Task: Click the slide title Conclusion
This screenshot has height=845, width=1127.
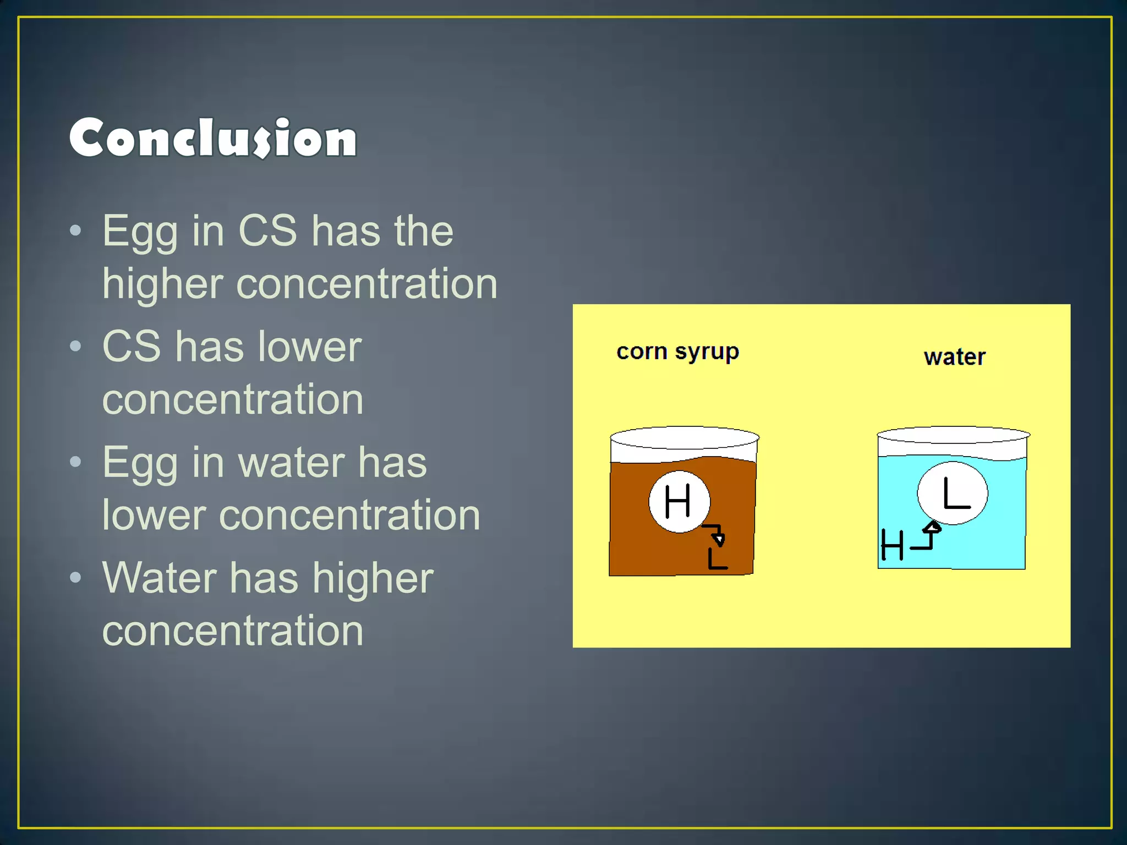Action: coord(213,138)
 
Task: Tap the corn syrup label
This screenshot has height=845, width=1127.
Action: coord(677,352)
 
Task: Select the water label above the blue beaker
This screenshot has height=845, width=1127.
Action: coord(954,358)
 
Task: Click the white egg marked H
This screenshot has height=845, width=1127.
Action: coord(679,501)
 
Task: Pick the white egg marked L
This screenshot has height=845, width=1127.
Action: coord(953,493)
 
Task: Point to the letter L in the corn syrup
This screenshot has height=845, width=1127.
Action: coord(717,558)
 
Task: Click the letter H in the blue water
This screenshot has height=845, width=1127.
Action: coord(891,545)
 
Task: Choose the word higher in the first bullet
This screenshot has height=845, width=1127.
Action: coord(162,284)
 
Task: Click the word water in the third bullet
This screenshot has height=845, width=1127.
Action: coord(292,462)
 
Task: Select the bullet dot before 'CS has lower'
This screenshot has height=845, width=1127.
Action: coord(76,346)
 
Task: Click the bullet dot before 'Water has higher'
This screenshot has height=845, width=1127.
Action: coord(76,577)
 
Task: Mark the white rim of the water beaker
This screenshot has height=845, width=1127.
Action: coord(953,435)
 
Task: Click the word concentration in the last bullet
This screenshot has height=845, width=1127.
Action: coord(232,630)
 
